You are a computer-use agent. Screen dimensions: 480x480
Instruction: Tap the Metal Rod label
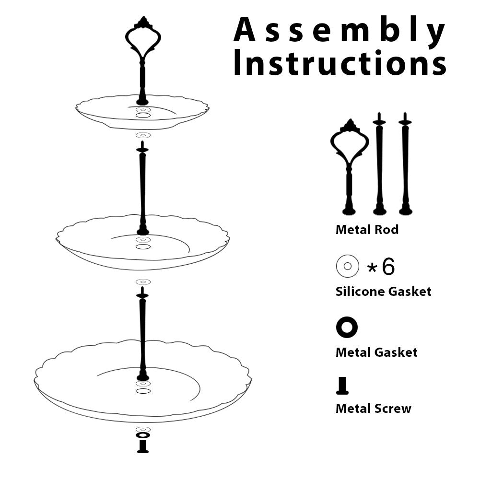click(x=367, y=230)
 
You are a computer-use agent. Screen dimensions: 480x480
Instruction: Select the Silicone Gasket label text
click(x=383, y=291)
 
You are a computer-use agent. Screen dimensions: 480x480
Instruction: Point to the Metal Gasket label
click(x=376, y=352)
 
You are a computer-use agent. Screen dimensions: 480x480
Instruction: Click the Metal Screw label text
click(x=373, y=409)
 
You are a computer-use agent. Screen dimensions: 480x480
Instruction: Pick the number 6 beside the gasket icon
click(x=388, y=267)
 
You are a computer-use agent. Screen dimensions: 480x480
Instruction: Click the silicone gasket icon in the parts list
click(x=348, y=266)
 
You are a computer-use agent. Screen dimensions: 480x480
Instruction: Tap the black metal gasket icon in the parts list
click(x=347, y=328)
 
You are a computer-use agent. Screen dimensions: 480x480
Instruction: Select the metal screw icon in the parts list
click(x=342, y=386)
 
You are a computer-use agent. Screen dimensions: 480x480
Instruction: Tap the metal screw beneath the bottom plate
click(x=143, y=446)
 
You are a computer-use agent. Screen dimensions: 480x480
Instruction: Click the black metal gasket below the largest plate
click(x=143, y=435)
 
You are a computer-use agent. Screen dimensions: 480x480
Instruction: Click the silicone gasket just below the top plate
click(x=143, y=135)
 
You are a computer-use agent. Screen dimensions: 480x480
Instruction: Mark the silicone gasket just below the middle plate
click(x=143, y=282)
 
